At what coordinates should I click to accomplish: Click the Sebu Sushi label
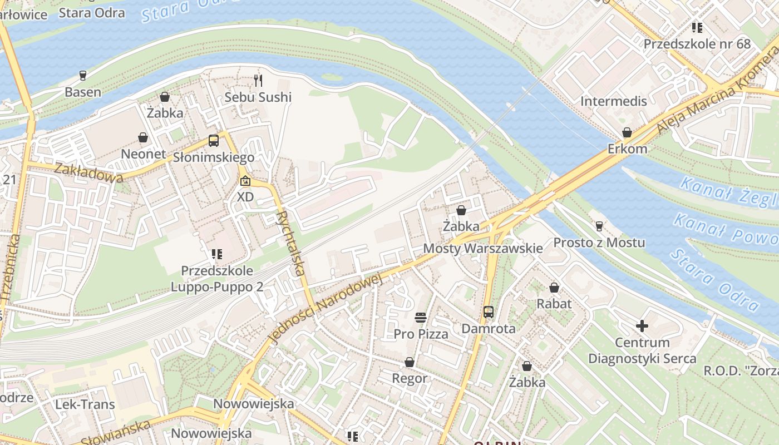[258, 97]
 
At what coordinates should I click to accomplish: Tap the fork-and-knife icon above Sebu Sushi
[258, 81]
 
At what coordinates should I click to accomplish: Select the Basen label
[83, 92]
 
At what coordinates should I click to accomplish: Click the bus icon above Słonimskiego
[214, 141]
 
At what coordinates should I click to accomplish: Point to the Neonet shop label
[144, 154]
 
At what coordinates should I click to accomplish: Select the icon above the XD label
[245, 181]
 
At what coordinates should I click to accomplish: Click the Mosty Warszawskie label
[483, 248]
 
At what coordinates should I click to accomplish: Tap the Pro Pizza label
[421, 334]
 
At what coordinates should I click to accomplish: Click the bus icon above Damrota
[489, 312]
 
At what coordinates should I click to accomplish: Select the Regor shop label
[410, 379]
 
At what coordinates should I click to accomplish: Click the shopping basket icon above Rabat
[554, 288]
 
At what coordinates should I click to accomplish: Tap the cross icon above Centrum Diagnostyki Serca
[642, 326]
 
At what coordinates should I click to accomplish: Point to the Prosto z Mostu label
[599, 243]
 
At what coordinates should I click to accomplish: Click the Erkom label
[627, 149]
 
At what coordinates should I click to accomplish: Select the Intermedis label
[614, 101]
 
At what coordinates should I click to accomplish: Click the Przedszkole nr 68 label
[697, 44]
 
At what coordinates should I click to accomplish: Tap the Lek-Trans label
[85, 404]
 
